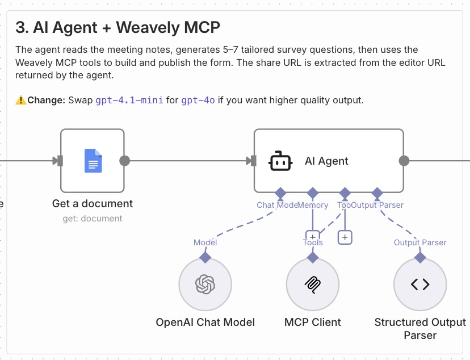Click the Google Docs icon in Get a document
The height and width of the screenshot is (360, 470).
[93, 161]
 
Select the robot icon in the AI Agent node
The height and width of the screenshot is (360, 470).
[280, 161]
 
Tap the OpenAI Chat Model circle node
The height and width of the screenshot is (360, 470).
[205, 284]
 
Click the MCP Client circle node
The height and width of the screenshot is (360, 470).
[312, 284]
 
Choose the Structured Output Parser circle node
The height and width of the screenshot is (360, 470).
[420, 284]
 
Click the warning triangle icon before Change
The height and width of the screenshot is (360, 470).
[21, 101]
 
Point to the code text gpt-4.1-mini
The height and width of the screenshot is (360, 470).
[129, 101]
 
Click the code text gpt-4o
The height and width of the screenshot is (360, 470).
[198, 101]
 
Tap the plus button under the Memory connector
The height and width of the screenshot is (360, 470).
[312, 236]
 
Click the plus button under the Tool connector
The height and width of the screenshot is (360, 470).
[345, 237]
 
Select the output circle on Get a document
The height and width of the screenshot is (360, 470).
[125, 161]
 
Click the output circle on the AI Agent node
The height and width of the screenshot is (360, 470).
[404, 161]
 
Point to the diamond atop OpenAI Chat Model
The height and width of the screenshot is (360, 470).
[205, 257]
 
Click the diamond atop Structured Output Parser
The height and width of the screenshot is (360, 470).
[420, 257]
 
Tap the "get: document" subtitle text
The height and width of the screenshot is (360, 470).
[93, 218]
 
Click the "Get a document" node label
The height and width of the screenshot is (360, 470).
[93, 203]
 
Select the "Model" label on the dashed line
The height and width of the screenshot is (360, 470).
[205, 242]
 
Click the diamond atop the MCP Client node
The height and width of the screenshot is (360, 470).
[312, 257]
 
